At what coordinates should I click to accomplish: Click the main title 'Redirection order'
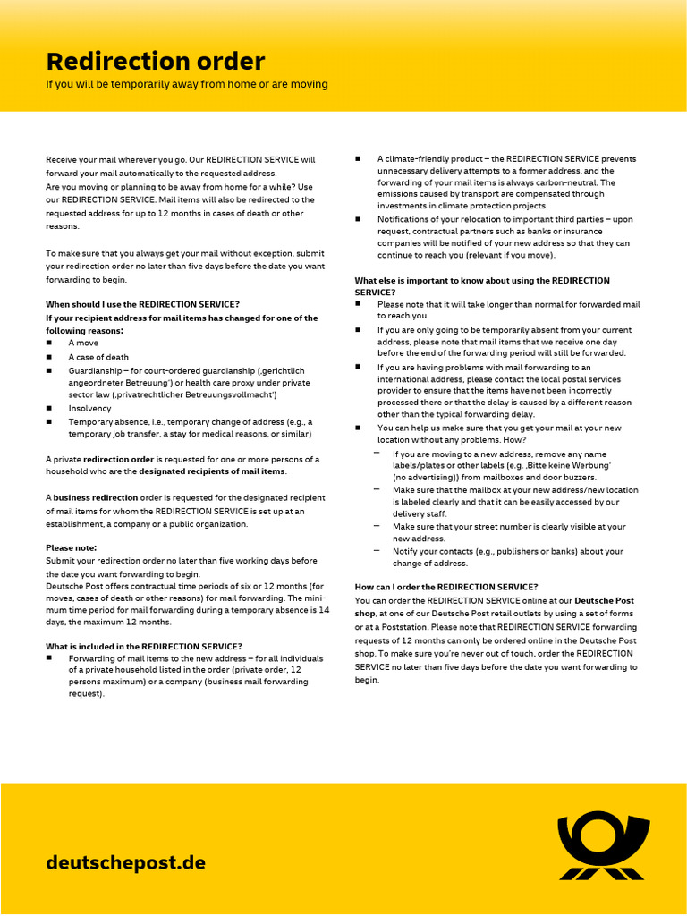(156, 62)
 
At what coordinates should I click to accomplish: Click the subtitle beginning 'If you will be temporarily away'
(187, 84)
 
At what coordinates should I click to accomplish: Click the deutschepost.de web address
(125, 863)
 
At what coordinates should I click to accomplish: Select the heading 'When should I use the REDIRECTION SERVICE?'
(142, 305)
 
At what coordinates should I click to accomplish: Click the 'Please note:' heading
(71, 547)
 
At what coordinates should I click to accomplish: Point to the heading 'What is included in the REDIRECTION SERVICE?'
(144, 646)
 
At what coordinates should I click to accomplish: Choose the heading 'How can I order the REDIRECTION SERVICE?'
(446, 587)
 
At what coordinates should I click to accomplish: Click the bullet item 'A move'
(83, 343)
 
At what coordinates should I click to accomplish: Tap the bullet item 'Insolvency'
(90, 408)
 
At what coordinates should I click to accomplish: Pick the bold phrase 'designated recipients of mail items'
(212, 471)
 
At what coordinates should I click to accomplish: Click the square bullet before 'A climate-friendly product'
(358, 158)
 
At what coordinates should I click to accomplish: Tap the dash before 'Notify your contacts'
(377, 550)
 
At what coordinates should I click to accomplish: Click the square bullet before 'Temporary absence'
(49, 421)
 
